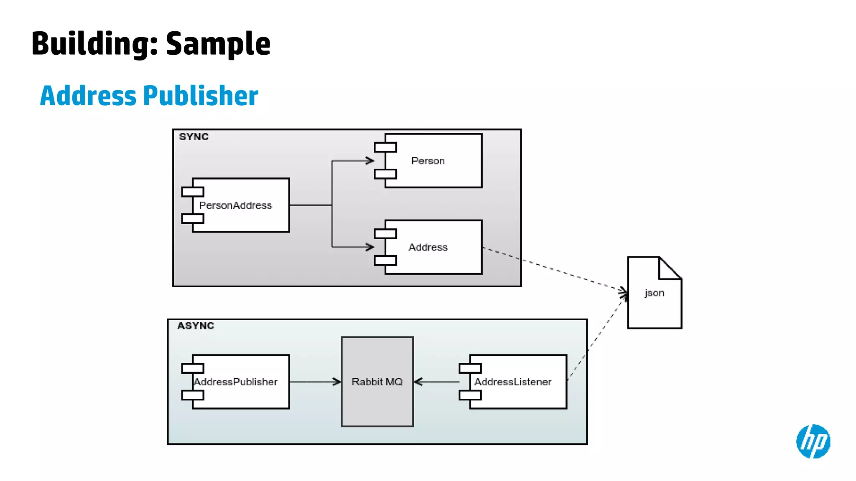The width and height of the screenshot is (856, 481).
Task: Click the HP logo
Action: [813, 441]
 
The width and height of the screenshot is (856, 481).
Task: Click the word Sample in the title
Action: [218, 44]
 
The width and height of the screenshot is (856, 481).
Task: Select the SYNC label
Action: [194, 137]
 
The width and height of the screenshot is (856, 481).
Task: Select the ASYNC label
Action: [195, 326]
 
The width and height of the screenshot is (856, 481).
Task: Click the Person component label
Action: [428, 161]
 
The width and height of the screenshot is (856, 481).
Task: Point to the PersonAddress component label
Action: [235, 205]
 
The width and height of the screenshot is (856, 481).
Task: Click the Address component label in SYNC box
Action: [428, 247]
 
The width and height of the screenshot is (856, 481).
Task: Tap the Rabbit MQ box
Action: [377, 382]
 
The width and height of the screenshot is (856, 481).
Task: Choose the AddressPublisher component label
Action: [235, 382]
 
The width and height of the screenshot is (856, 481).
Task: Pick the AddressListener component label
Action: [513, 382]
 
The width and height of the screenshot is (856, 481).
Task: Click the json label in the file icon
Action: [654, 293]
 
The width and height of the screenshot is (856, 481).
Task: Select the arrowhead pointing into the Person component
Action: [370, 161]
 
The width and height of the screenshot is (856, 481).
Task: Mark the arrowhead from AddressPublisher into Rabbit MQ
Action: [337, 382]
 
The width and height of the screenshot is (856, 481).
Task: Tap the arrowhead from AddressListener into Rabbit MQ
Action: [418, 382]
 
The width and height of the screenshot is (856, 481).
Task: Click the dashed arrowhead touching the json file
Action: [624, 292]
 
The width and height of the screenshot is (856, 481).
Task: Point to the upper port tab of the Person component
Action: [385, 147]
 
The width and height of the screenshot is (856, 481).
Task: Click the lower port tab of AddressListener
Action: [470, 395]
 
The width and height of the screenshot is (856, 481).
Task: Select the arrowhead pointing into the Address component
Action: [370, 247]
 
